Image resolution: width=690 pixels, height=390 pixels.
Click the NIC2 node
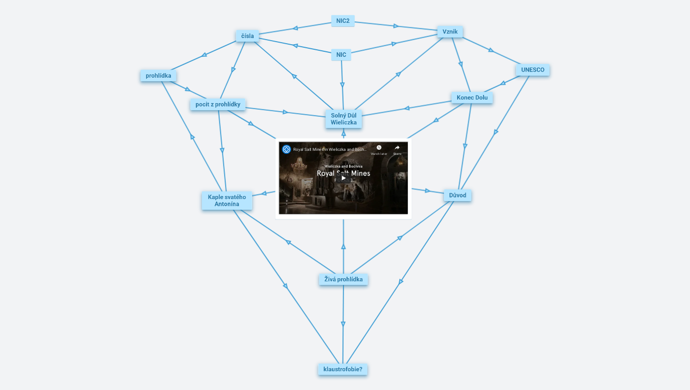pyautogui.click(x=343, y=21)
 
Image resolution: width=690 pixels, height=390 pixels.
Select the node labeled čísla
pyautogui.click(x=248, y=36)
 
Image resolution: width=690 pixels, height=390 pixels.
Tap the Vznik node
pyautogui.click(x=450, y=31)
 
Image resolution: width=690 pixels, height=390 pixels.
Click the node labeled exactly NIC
pyautogui.click(x=341, y=55)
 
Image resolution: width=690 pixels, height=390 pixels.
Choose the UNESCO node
pyautogui.click(x=533, y=70)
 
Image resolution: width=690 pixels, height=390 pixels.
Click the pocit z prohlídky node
pyautogui.click(x=218, y=105)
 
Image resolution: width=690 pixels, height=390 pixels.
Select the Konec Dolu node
pyautogui.click(x=472, y=97)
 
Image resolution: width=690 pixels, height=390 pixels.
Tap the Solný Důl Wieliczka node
pyautogui.click(x=343, y=119)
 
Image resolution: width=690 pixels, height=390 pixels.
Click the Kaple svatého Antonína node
pyautogui.click(x=227, y=201)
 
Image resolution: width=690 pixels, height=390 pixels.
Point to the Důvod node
pyautogui.click(x=458, y=196)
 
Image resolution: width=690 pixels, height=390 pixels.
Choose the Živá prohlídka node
pyautogui.click(x=343, y=279)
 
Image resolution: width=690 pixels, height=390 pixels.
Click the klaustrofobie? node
pyautogui.click(x=342, y=369)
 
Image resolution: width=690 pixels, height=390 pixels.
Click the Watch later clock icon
pyautogui.click(x=378, y=148)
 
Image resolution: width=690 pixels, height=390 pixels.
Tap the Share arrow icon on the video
pyautogui.click(x=397, y=148)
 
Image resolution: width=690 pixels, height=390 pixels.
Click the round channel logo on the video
pyautogui.click(x=287, y=149)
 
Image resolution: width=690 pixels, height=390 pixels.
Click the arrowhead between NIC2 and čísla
pyautogui.click(x=295, y=28)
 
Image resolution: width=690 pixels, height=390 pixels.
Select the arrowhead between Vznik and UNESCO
pyautogui.click(x=491, y=50)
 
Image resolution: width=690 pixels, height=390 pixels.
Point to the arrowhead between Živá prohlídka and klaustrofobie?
pyautogui.click(x=343, y=324)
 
